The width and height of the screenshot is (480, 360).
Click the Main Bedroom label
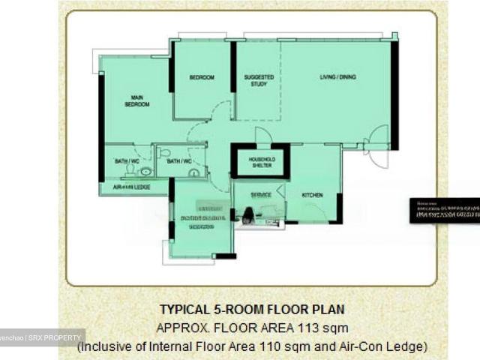[136, 100]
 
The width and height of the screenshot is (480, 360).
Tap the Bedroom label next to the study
[201, 78]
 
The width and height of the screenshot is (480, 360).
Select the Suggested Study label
[259, 80]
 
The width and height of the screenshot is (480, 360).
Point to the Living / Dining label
[337, 77]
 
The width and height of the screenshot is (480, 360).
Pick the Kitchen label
[312, 195]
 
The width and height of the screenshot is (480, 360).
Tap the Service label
[260, 195]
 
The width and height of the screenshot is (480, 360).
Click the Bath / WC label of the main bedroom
[126, 161]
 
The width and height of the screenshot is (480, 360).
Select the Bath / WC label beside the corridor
[178, 161]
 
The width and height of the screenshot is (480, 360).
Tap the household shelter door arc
[263, 136]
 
